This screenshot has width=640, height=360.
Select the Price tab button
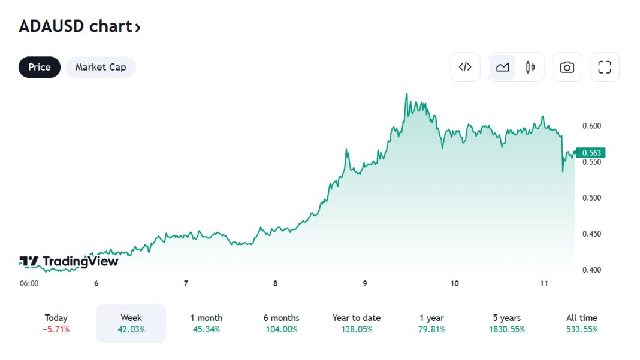point(40,67)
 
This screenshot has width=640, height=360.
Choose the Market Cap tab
point(101,67)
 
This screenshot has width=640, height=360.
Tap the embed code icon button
point(465,67)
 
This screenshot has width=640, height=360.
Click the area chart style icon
point(502,67)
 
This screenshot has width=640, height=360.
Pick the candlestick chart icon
point(530,67)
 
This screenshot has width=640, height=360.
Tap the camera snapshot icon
point(567,67)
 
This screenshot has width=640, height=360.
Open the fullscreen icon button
point(605,67)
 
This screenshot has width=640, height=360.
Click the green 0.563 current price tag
point(590,153)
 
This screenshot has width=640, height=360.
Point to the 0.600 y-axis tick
point(591,126)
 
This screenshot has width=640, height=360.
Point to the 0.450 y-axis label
point(591,234)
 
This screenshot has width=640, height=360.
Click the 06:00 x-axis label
point(29,283)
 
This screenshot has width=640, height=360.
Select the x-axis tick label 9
point(365,283)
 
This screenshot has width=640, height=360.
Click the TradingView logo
point(69,261)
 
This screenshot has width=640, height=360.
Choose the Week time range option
point(131,323)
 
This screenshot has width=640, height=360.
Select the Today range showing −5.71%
point(56,323)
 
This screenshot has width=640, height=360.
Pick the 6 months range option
point(281,323)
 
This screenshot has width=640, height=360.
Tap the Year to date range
point(357,323)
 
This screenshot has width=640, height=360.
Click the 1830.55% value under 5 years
point(507,329)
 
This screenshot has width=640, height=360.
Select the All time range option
point(582,323)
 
